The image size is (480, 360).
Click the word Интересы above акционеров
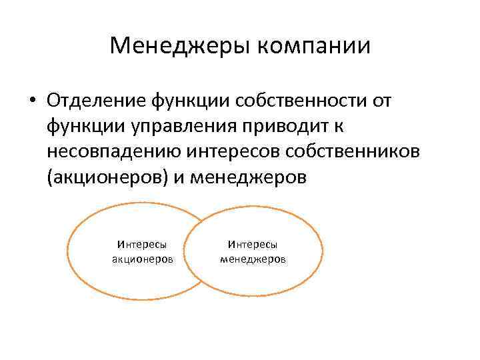(x=142, y=245)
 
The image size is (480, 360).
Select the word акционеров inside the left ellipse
(x=142, y=258)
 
